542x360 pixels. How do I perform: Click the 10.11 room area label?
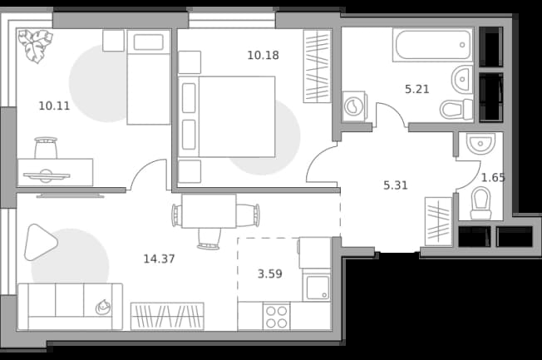54,106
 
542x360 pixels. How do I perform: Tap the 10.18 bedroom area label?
263,56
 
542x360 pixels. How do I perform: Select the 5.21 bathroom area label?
417,89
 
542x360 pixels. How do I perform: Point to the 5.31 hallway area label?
396,185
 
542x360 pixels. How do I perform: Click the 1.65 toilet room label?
493,178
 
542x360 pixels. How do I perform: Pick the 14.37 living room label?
159,259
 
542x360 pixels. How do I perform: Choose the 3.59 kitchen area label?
270,274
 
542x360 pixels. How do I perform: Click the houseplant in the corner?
35,46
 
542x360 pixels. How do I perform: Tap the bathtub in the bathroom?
432,45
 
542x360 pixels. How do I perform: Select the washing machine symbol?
353,106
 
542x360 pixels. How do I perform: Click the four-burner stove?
277,317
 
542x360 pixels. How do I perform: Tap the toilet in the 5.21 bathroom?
456,109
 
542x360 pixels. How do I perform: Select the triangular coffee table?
40,242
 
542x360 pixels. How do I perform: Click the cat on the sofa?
103,307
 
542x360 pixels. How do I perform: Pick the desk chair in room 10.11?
46,148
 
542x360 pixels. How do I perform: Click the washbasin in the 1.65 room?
480,143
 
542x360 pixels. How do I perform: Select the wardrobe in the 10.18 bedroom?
317,67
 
